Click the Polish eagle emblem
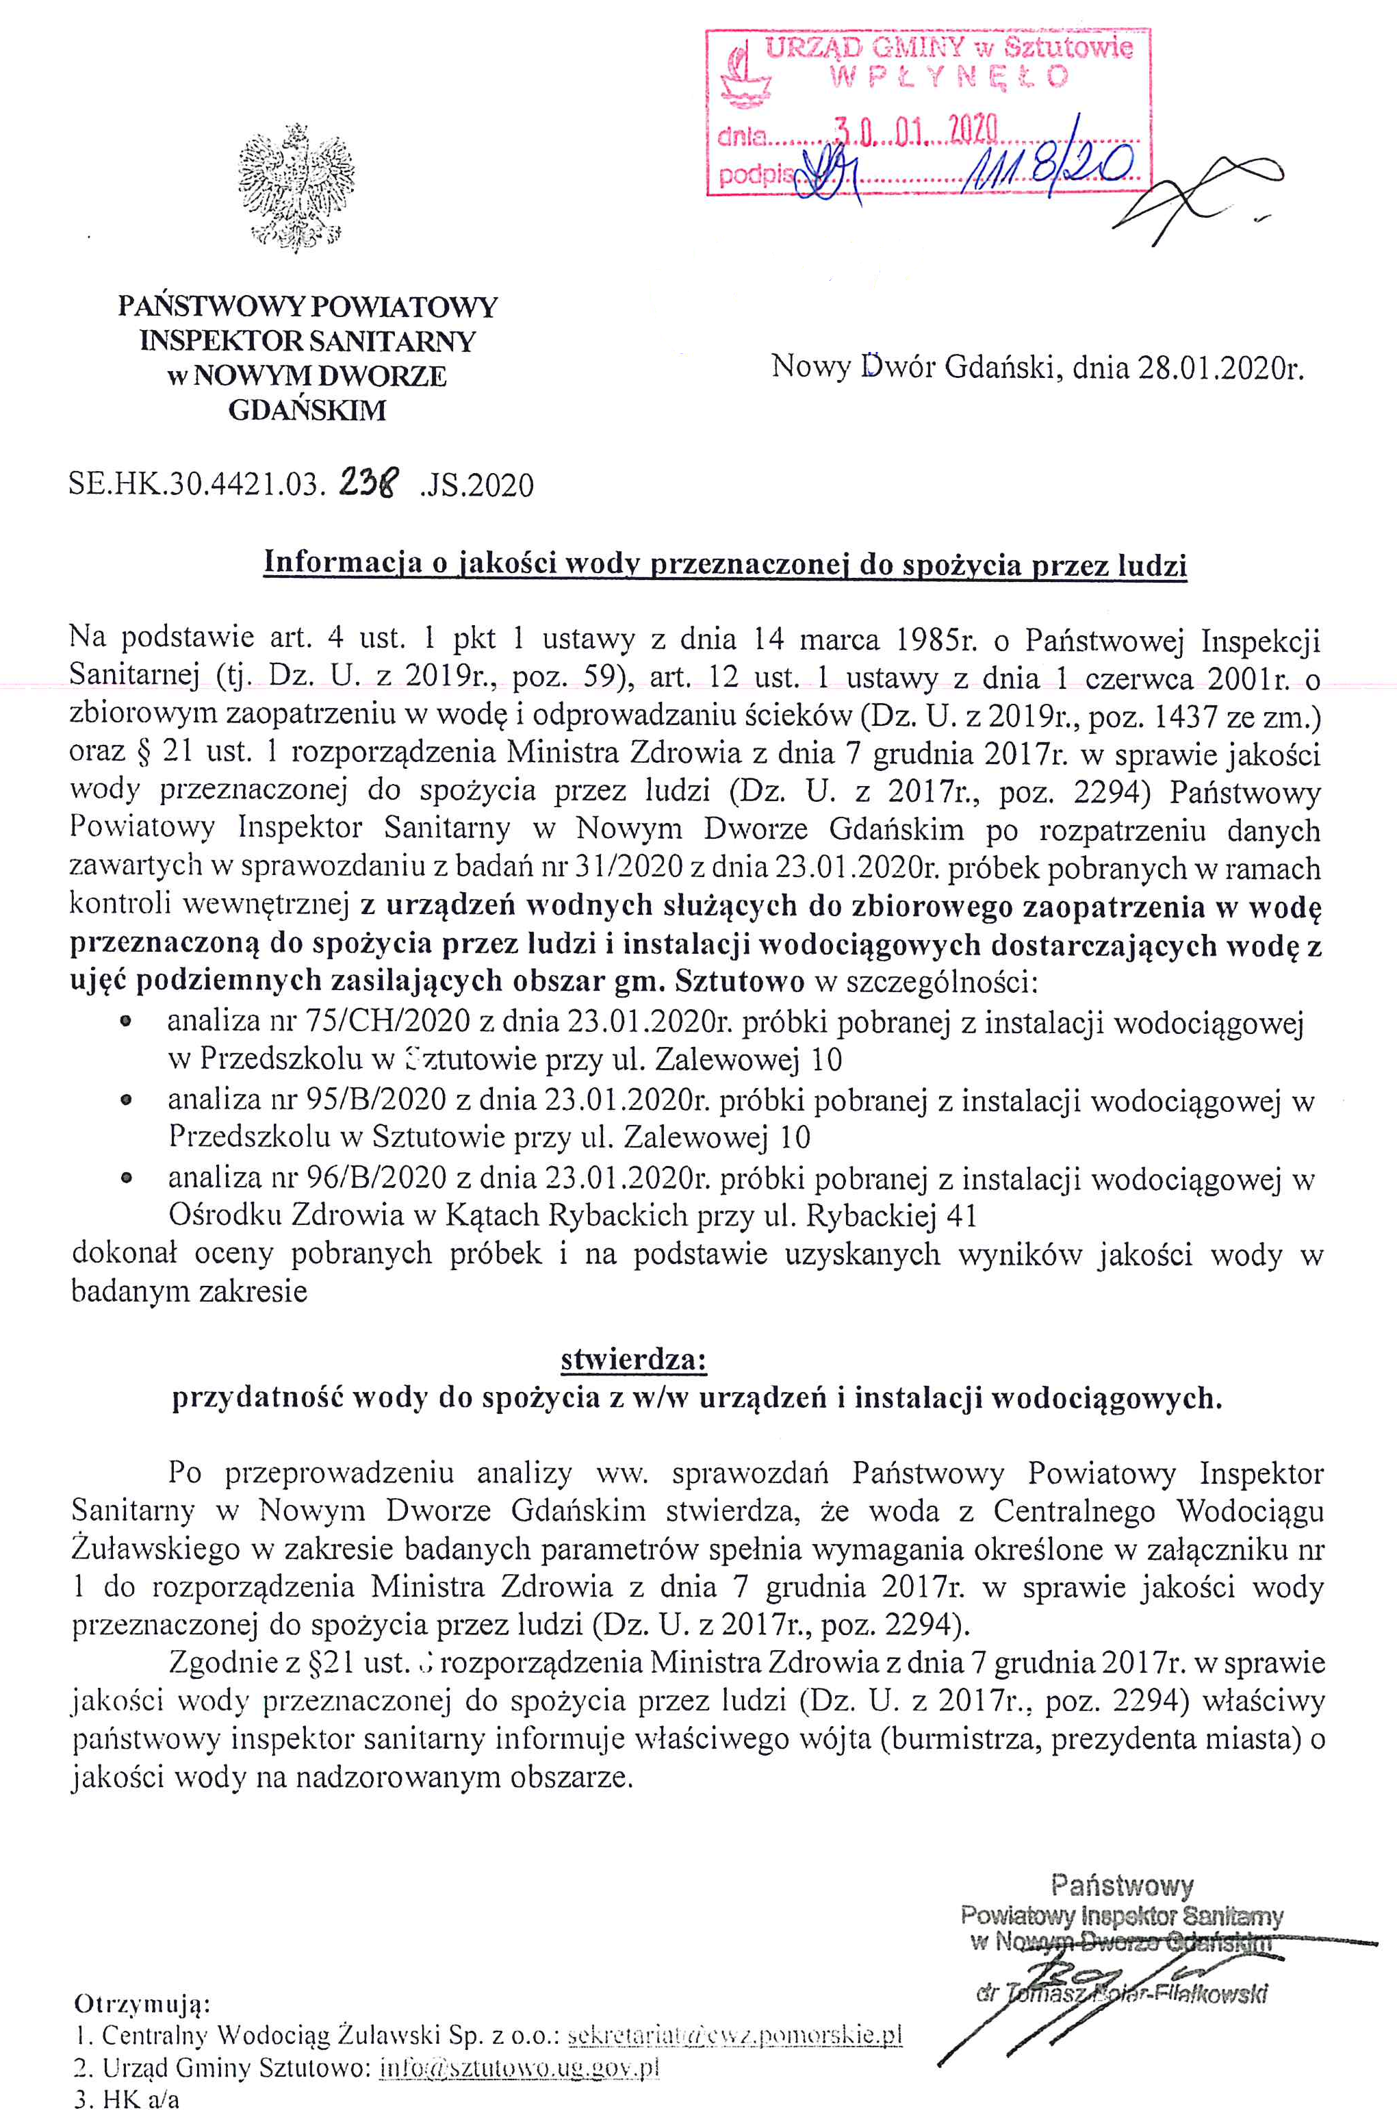[x=296, y=188]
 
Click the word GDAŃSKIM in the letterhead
[x=307, y=411]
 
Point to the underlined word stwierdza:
[x=633, y=1360]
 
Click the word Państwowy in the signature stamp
[x=1122, y=1886]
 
